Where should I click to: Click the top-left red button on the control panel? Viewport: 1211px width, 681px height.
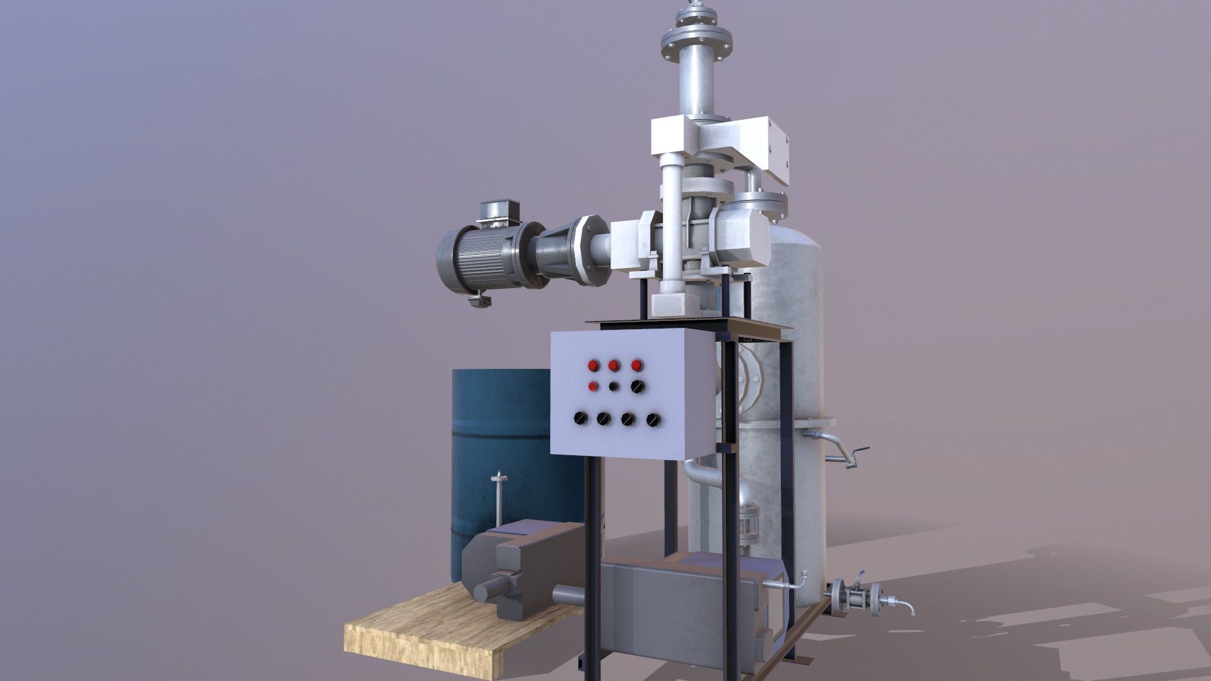[593, 365]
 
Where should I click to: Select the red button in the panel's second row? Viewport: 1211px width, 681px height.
[593, 387]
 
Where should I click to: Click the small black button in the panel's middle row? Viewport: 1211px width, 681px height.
[614, 387]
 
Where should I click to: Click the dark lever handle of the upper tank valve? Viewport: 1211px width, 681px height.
[860, 451]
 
